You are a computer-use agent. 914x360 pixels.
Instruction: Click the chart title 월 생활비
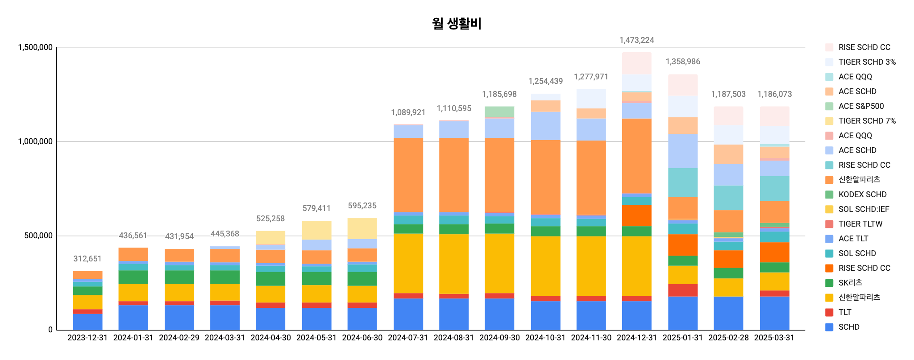point(457,24)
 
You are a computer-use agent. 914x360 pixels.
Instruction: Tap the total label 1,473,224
point(636,40)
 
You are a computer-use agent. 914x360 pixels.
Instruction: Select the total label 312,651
point(87,259)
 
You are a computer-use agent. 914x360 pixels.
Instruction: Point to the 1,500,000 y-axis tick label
point(35,47)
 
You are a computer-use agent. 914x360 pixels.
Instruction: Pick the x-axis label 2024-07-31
point(408,338)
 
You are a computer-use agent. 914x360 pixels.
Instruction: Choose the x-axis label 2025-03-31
point(774,338)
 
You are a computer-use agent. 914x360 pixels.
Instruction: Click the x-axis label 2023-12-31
point(87,338)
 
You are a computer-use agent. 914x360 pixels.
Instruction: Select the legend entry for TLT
point(844,312)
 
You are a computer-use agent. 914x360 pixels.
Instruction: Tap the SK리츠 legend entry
point(850,283)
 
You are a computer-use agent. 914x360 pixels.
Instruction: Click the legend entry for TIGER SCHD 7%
point(867,121)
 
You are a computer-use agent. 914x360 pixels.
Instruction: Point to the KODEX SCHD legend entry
point(862,194)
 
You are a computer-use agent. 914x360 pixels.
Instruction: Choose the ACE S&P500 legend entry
point(861,106)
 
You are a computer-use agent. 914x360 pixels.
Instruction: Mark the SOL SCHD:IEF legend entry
point(864,209)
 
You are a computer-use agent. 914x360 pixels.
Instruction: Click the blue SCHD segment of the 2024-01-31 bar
point(133,318)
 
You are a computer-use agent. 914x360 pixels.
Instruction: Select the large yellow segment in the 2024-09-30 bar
point(499,263)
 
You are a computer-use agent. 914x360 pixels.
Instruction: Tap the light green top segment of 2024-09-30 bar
point(499,112)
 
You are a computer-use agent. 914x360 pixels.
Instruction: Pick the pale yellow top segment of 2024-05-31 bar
point(316,230)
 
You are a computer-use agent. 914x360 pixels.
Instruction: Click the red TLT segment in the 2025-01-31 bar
point(683,290)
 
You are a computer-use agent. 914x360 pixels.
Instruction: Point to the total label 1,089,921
point(408,112)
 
